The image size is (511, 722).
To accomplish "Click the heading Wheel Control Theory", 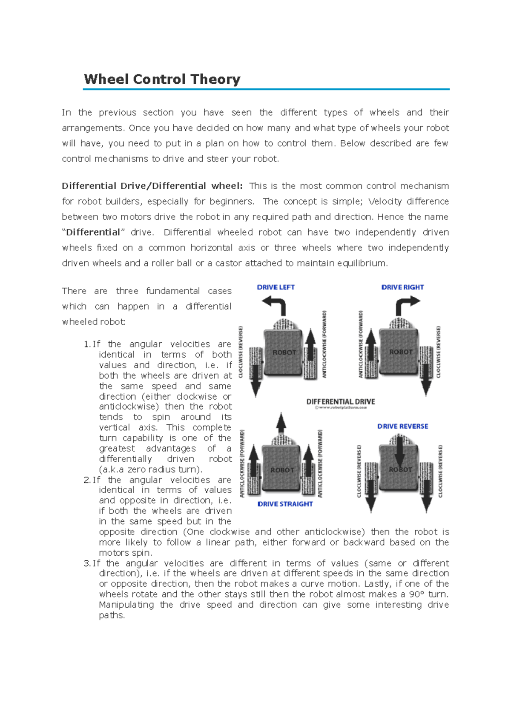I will tap(162, 80).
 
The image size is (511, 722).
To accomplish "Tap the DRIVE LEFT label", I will tap(276, 287).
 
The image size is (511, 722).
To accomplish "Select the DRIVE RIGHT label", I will tap(402, 287).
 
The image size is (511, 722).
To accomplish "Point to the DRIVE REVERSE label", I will tap(402, 426).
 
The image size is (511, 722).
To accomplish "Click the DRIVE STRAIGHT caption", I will tap(285, 504).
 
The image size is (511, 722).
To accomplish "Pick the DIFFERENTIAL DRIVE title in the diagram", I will tap(341, 401).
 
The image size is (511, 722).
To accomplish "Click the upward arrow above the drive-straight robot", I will tap(281, 423).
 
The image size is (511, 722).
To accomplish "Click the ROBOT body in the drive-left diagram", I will tap(284, 352).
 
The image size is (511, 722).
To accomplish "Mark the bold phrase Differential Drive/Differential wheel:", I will tap(152, 186).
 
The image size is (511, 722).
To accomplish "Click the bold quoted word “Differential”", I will tap(93, 233).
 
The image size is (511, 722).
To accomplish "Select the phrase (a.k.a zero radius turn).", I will tap(150, 469).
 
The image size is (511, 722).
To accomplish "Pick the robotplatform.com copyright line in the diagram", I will tap(341, 407).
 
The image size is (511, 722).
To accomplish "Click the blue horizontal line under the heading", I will tap(266, 89).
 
